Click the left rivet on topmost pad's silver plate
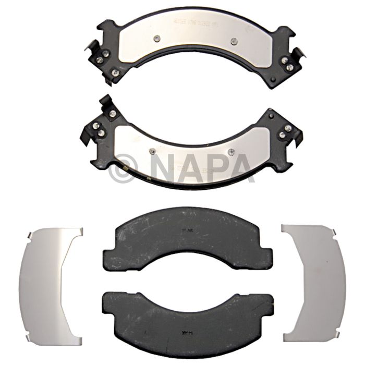pyautogui.click(x=157, y=38)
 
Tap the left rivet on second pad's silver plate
pyautogui.click(x=152, y=151)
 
